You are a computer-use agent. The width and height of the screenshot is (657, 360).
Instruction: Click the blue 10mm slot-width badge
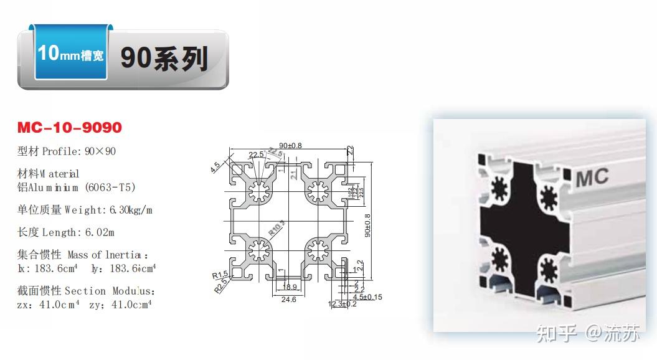coord(70,54)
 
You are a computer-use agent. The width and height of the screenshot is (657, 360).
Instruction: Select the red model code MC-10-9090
coord(70,128)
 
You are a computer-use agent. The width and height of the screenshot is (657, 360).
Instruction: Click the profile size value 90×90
coord(100,151)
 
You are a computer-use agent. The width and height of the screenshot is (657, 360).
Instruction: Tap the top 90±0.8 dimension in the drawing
coord(290,145)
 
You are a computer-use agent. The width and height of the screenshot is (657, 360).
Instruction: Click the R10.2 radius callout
coord(276,227)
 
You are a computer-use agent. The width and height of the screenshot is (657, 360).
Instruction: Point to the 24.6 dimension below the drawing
coord(289,300)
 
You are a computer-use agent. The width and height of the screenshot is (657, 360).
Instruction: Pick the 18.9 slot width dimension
coord(290,287)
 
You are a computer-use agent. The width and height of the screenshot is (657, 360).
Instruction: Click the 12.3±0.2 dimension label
coord(343,304)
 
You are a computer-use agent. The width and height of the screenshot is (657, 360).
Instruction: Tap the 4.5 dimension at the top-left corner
coord(215,166)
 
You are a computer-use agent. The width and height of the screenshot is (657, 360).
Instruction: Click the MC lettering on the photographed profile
coord(592,178)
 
